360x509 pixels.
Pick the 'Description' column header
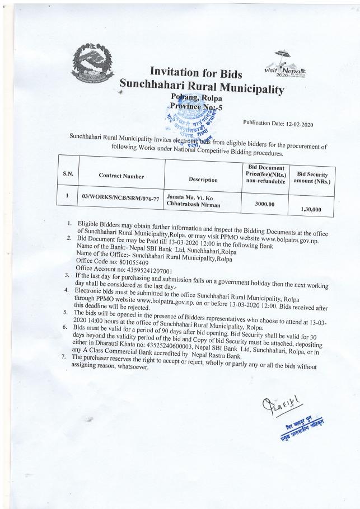coord(203,180)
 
